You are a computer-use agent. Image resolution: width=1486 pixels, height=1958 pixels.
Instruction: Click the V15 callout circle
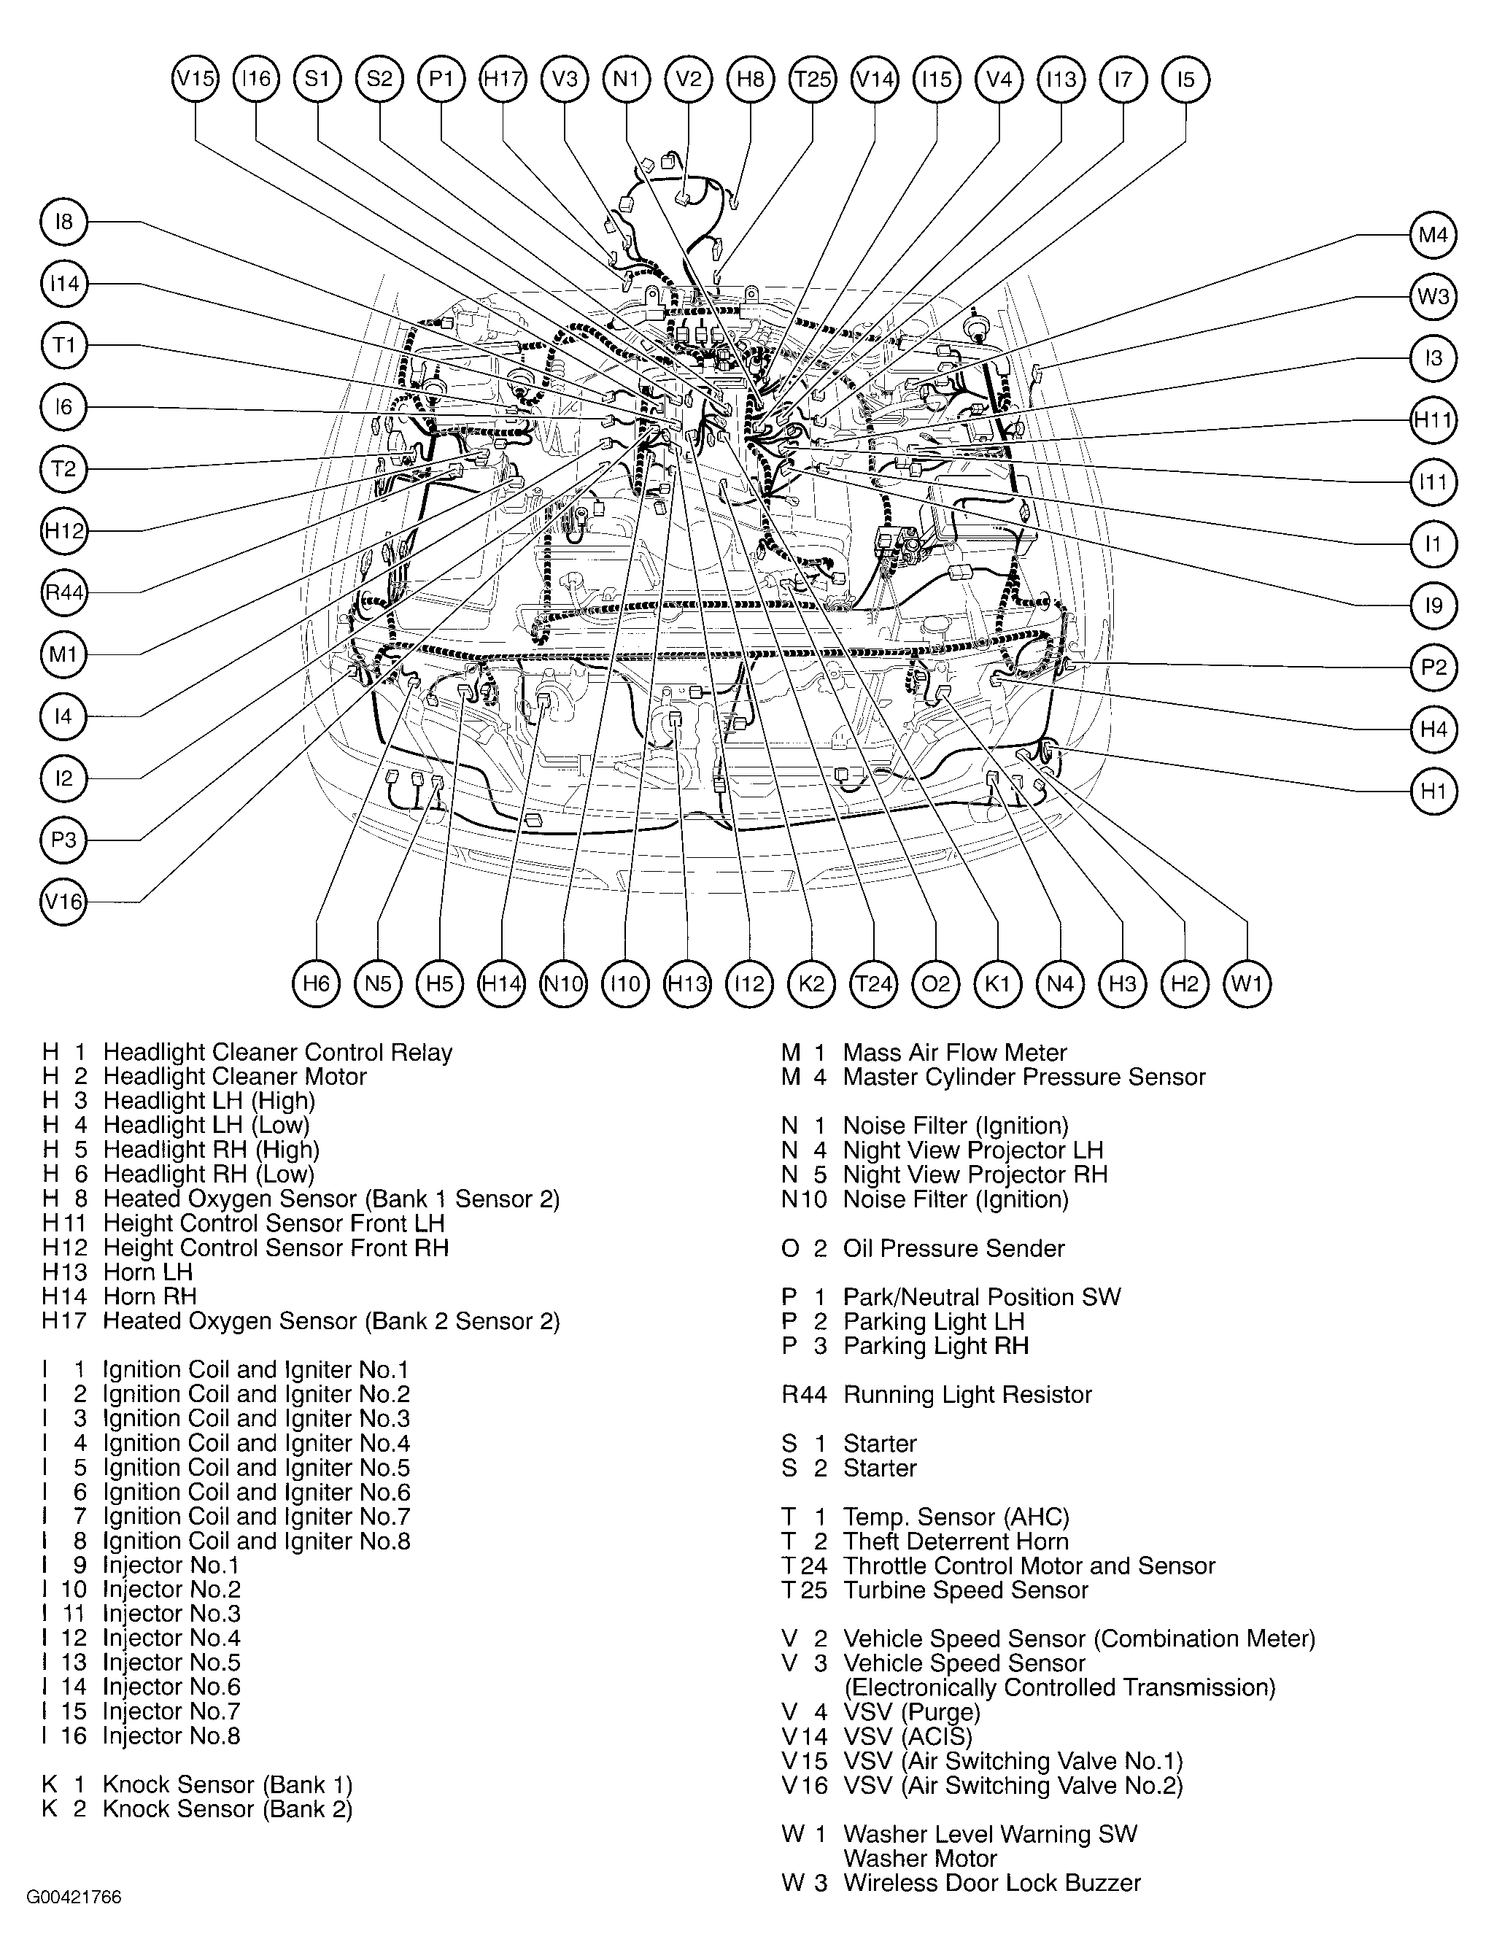[195, 79]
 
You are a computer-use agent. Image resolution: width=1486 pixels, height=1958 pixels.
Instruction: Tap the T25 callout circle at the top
[813, 79]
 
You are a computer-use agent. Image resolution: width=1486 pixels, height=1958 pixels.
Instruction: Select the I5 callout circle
[1185, 79]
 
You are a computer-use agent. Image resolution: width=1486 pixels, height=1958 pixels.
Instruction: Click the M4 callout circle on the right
[1433, 235]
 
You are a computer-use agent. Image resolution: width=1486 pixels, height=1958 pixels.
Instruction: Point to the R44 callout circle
[63, 592]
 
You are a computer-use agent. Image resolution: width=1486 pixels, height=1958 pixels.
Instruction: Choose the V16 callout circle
[63, 902]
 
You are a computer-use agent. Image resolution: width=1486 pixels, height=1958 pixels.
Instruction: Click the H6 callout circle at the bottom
[316, 983]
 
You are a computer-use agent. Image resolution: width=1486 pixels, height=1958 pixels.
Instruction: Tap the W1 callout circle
[1247, 983]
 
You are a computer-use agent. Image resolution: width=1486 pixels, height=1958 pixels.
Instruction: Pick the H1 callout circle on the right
[1433, 791]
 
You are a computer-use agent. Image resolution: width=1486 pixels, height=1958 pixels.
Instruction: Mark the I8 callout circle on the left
[63, 221]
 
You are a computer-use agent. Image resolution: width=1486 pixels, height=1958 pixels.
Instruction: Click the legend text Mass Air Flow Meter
[954, 1053]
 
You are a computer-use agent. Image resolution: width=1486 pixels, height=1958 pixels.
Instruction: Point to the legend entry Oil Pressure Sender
[953, 1248]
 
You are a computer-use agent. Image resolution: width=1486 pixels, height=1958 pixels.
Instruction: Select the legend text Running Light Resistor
[967, 1394]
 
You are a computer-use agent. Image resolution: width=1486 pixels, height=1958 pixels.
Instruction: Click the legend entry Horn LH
[148, 1272]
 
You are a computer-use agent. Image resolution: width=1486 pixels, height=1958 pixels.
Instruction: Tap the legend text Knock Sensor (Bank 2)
[228, 1808]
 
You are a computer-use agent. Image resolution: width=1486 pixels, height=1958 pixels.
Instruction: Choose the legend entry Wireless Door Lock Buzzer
[991, 1882]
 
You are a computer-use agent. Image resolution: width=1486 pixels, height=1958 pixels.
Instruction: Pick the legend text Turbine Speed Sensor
[964, 1590]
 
